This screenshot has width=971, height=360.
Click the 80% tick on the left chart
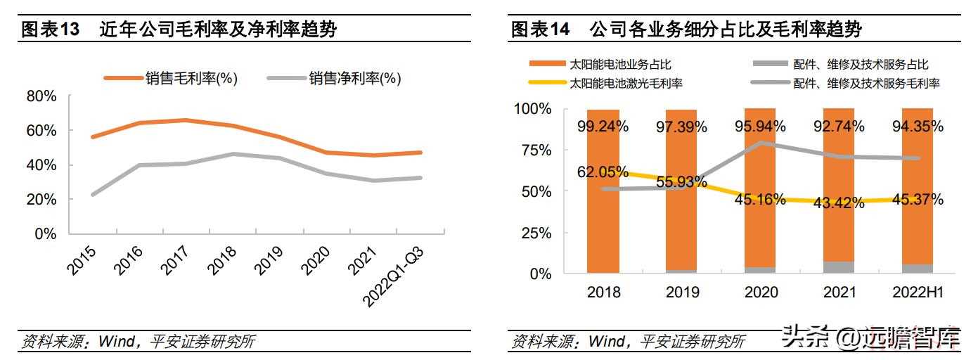pos(41,96)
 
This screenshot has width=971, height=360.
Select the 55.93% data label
pos(682,182)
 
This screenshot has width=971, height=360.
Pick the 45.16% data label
pos(760,199)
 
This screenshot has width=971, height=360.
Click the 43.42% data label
pos(839,203)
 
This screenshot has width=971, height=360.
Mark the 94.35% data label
pos(917,127)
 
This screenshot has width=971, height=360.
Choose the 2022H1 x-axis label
pos(917,292)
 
